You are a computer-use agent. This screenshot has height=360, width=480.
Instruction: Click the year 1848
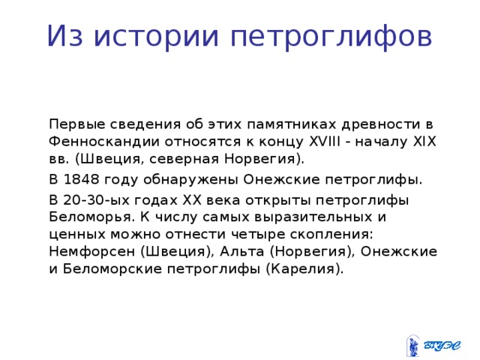82,180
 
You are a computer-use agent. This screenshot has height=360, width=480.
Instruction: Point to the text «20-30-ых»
94,200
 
